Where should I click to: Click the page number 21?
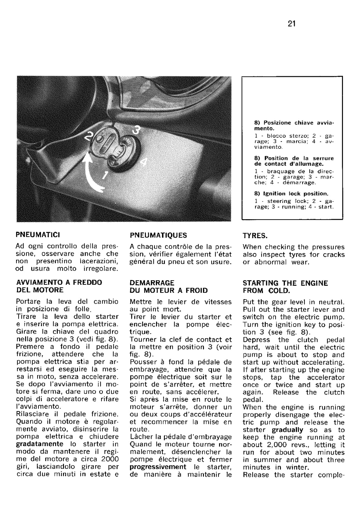291,24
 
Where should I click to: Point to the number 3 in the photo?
136,130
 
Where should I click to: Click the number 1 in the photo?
105,175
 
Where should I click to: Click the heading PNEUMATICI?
38,235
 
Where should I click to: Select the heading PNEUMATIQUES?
158,235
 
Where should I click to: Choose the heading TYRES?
255,235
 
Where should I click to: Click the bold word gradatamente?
40,444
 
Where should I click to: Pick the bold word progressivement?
158,467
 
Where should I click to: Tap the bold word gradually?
287,430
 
